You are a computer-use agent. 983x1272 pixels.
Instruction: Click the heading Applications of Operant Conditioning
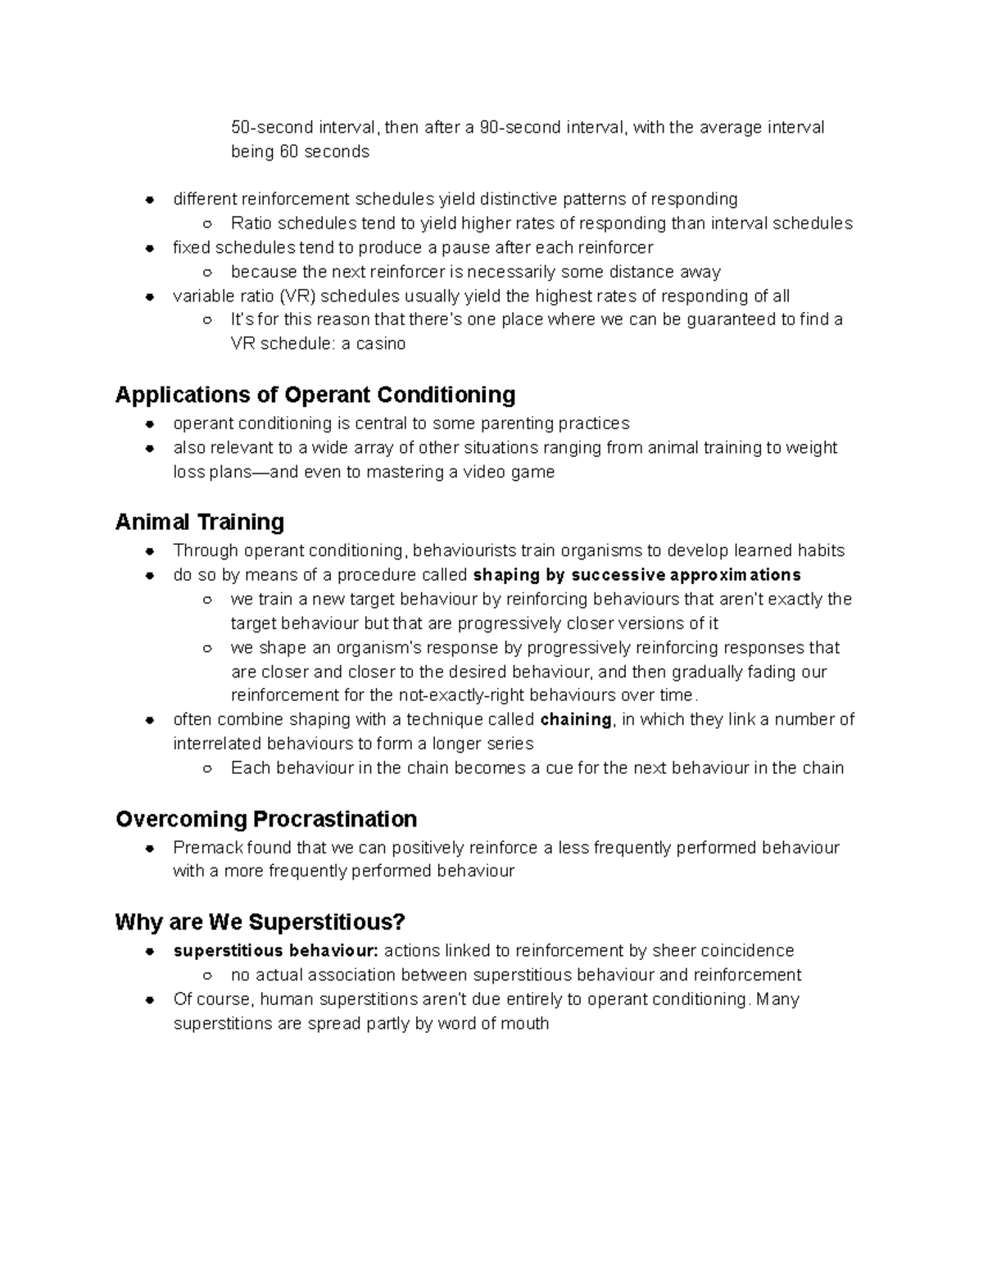(x=315, y=395)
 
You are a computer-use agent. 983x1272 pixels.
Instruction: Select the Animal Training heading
(x=200, y=522)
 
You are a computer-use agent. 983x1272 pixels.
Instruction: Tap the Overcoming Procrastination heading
(x=266, y=819)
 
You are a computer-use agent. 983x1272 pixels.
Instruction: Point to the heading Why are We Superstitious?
(x=260, y=922)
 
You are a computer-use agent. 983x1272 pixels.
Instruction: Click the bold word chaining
(x=577, y=720)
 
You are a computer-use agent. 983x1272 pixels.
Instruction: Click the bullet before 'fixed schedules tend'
(x=150, y=248)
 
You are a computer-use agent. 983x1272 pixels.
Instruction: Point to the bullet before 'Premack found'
(x=150, y=849)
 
